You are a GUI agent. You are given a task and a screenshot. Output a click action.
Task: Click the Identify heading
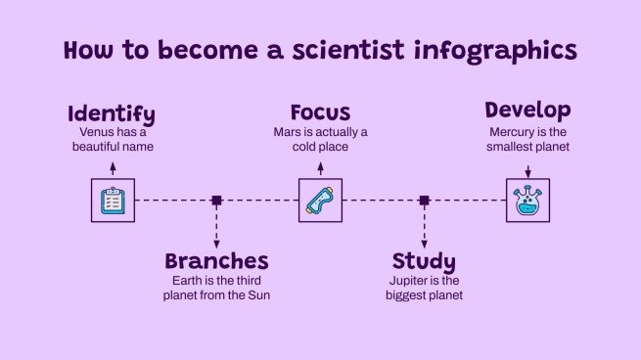point(112,112)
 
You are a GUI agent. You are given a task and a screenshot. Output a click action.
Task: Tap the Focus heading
point(320,112)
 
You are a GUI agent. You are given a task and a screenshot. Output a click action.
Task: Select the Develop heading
point(527,110)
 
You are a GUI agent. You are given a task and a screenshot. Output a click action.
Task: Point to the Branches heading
point(216,261)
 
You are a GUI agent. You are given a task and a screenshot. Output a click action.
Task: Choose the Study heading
point(424,261)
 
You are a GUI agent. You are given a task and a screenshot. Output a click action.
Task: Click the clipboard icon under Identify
point(113,200)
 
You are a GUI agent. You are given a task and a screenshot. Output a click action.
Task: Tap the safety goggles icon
point(320,200)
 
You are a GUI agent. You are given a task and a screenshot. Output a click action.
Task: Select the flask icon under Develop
point(527,200)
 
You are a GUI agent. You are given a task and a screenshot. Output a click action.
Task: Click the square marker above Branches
point(216,200)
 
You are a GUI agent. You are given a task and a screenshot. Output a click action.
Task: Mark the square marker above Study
point(424,200)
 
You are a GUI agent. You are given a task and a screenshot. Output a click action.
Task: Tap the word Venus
point(98,131)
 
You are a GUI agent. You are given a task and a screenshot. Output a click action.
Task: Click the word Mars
point(291,131)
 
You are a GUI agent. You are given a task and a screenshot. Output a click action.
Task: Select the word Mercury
point(513,131)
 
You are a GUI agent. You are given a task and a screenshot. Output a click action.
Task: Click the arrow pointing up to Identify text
point(113,168)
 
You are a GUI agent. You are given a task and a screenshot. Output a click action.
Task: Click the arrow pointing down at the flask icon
point(527,170)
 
